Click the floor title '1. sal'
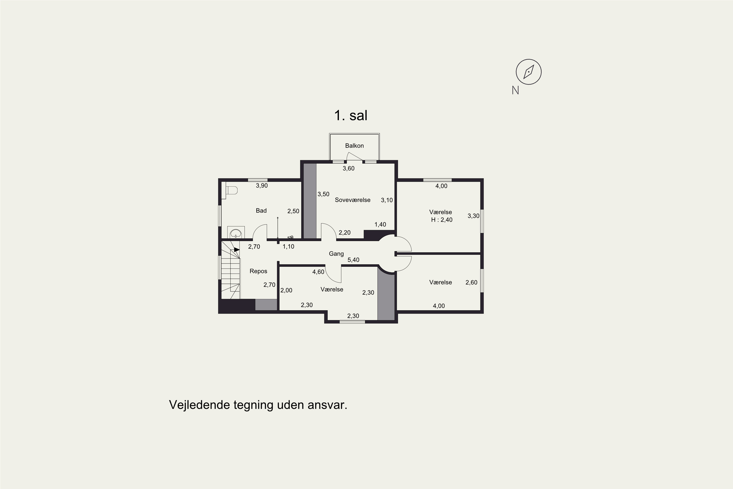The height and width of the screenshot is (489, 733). pyautogui.click(x=351, y=115)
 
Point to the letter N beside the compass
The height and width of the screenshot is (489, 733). pyautogui.click(x=516, y=90)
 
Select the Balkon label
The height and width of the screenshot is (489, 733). pyautogui.click(x=354, y=146)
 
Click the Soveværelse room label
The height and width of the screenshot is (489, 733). pyautogui.click(x=353, y=200)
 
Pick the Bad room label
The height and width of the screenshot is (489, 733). pyautogui.click(x=261, y=211)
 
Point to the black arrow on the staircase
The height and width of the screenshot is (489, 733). pyautogui.click(x=237, y=249)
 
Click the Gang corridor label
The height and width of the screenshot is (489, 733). pyautogui.click(x=336, y=254)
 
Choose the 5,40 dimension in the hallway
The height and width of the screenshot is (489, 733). pyautogui.click(x=353, y=260)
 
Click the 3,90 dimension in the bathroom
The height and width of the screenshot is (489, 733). pyautogui.click(x=262, y=186)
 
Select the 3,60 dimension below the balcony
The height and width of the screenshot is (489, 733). pyautogui.click(x=348, y=168)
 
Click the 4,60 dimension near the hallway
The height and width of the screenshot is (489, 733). pyautogui.click(x=318, y=272)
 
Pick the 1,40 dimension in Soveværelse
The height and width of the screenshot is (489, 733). pyautogui.click(x=380, y=224)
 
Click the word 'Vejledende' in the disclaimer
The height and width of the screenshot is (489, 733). pyautogui.click(x=199, y=405)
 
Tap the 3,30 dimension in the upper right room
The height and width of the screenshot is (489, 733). pyautogui.click(x=474, y=216)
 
